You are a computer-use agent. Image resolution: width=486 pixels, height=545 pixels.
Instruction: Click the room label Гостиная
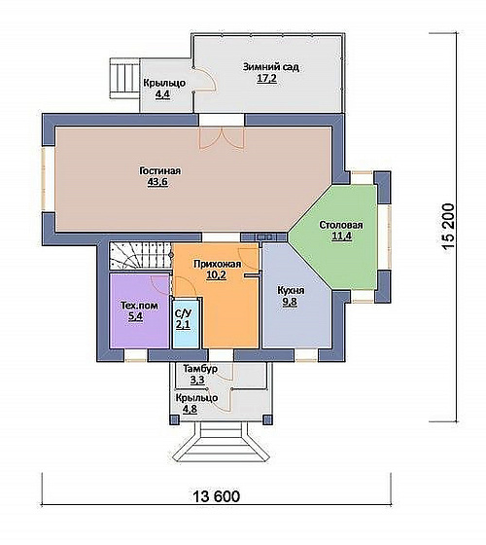pos(160,171)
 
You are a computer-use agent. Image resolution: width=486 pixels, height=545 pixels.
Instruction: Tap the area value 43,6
pos(157,183)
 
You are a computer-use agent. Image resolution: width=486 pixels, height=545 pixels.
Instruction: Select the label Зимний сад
pos(271,67)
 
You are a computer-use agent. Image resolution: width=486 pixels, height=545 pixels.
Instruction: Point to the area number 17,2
pos(266,79)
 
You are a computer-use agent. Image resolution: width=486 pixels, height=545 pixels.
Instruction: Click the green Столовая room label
pos(341,225)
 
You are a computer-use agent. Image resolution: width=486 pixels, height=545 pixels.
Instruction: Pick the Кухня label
pos(291,290)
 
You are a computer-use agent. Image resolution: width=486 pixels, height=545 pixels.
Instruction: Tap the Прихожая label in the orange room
pos(218,264)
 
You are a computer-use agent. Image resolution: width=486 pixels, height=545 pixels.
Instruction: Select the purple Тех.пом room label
pos(139,306)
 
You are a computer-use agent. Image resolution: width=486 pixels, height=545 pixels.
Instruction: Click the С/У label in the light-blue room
pos(183,313)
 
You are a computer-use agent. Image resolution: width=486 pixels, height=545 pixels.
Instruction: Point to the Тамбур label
pos(200,369)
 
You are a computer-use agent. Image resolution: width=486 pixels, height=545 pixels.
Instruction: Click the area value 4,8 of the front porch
pos(190,409)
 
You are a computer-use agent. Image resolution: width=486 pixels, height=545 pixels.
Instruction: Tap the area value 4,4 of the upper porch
pos(162,94)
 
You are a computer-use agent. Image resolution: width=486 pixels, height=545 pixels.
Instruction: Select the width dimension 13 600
pos(216,496)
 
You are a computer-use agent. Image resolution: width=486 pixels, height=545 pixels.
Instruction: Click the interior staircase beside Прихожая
pos(141,256)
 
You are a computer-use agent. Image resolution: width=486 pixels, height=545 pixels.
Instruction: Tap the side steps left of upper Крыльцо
pos(124,78)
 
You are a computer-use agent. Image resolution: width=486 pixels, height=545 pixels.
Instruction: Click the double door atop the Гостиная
pos(222,138)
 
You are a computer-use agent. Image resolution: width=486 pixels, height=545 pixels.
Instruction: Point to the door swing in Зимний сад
pos(205,79)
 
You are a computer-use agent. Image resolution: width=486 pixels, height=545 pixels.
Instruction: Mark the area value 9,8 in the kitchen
pos(290,302)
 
